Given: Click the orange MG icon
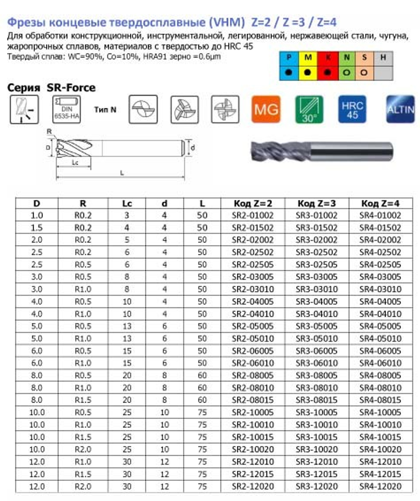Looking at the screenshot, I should click(x=265, y=109).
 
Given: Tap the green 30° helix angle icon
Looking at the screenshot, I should click(x=309, y=109).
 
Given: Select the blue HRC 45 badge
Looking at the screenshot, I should click(x=352, y=109).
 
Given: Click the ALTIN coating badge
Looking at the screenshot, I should click(x=400, y=109).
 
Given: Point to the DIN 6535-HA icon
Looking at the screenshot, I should click(x=65, y=109).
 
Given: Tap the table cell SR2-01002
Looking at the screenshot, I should click(x=253, y=216).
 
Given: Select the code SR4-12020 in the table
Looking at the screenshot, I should click(x=380, y=486).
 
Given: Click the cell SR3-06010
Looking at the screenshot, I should click(x=317, y=363).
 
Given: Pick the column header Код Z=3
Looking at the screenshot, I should click(x=317, y=203).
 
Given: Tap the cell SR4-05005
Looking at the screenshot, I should click(x=380, y=326).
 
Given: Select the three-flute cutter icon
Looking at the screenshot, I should click(x=184, y=109).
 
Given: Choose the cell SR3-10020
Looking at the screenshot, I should click(x=317, y=449).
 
